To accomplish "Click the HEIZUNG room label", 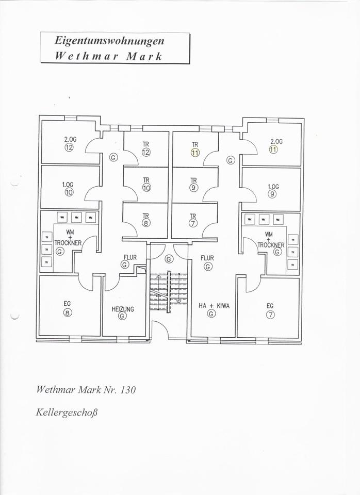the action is pos(122,309).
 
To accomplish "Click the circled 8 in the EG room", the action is pos(68,312).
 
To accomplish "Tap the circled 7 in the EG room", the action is pos(271,314).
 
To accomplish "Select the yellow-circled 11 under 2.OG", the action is pos(273,150).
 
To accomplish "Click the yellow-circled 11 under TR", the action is pos(194,153).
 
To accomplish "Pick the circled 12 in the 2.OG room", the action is pos(69,147).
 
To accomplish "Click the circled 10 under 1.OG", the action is pos(69,192).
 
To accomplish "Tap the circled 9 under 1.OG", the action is pos(272,194).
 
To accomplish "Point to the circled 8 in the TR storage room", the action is pos(146,223).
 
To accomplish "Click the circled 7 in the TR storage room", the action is pos(193,223).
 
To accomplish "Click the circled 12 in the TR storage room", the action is pos(146,152).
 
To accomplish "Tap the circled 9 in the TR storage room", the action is pos(193,188).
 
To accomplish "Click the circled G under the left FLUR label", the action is pos(124,265).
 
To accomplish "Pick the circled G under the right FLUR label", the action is pos(207,267).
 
